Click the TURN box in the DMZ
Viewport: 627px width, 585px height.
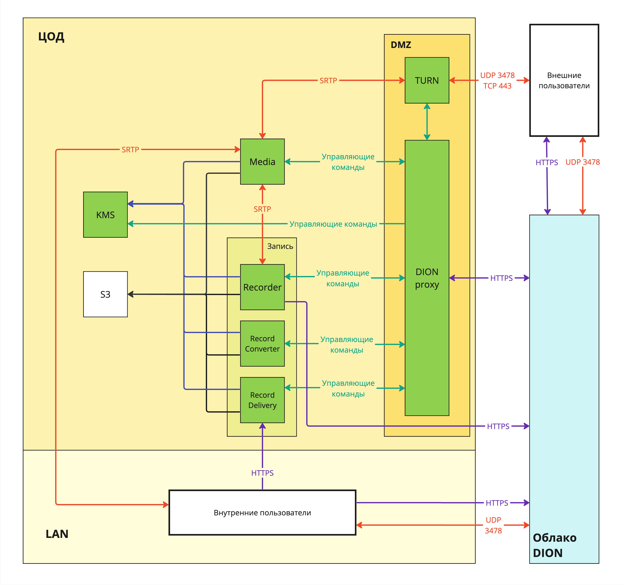(427, 80)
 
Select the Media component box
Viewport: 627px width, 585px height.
(262, 162)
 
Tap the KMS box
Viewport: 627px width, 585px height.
(105, 215)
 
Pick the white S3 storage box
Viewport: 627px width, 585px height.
(105, 294)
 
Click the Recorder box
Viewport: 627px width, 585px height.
(262, 287)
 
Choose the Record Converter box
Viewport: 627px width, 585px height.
(262, 343)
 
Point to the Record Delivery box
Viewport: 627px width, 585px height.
(262, 400)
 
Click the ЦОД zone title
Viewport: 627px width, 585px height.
(51, 37)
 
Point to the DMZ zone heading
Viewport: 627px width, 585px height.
(401, 45)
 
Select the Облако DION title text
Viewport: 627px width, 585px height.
(555, 545)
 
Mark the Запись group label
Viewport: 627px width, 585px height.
(280, 246)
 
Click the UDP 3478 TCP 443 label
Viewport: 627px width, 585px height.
(497, 80)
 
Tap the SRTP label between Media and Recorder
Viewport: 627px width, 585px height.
(262, 209)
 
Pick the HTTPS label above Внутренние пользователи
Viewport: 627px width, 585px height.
(262, 473)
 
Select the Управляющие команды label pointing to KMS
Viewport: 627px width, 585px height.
(333, 224)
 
